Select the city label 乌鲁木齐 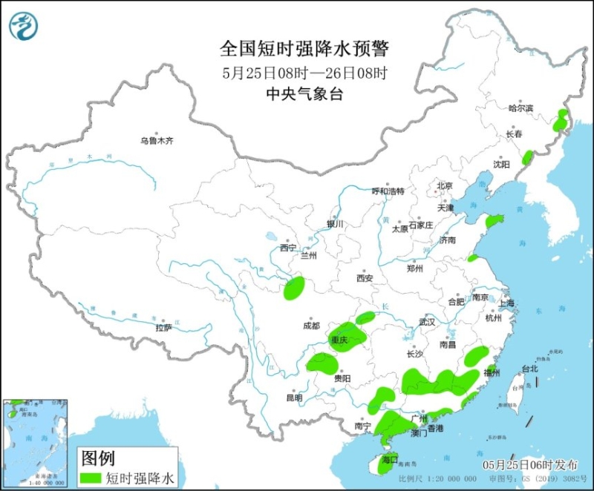[157, 141]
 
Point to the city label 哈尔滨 [520, 108]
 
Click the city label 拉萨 [164, 327]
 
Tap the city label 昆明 [294, 398]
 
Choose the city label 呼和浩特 [388, 191]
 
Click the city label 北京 [445, 185]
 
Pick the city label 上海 [507, 303]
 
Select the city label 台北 [529, 368]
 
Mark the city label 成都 [311, 325]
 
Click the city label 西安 [364, 278]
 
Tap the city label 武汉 [426, 322]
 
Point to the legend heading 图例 [97, 456]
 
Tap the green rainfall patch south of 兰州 [295, 288]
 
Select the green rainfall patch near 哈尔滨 [561, 120]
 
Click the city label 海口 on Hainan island [389, 459]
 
